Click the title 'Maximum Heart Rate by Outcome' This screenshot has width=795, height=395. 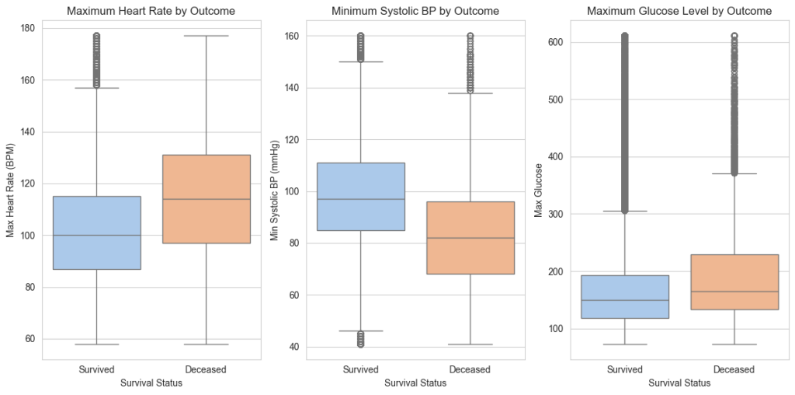151,11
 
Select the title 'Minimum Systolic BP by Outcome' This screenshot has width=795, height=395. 415,11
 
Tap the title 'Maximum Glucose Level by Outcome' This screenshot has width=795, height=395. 679,11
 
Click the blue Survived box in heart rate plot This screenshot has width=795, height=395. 96,232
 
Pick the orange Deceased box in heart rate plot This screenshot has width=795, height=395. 206,199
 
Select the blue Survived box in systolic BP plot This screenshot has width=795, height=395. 360,197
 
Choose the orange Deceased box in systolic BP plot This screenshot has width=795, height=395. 470,238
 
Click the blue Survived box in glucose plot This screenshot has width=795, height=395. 624,296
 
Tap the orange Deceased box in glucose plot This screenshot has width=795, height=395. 734,282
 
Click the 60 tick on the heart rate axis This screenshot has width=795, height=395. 29,339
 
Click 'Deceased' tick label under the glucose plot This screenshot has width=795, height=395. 734,369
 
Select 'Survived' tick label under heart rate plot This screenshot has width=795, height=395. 96,369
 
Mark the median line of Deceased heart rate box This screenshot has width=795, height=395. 206,199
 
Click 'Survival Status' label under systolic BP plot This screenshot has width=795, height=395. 415,383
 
